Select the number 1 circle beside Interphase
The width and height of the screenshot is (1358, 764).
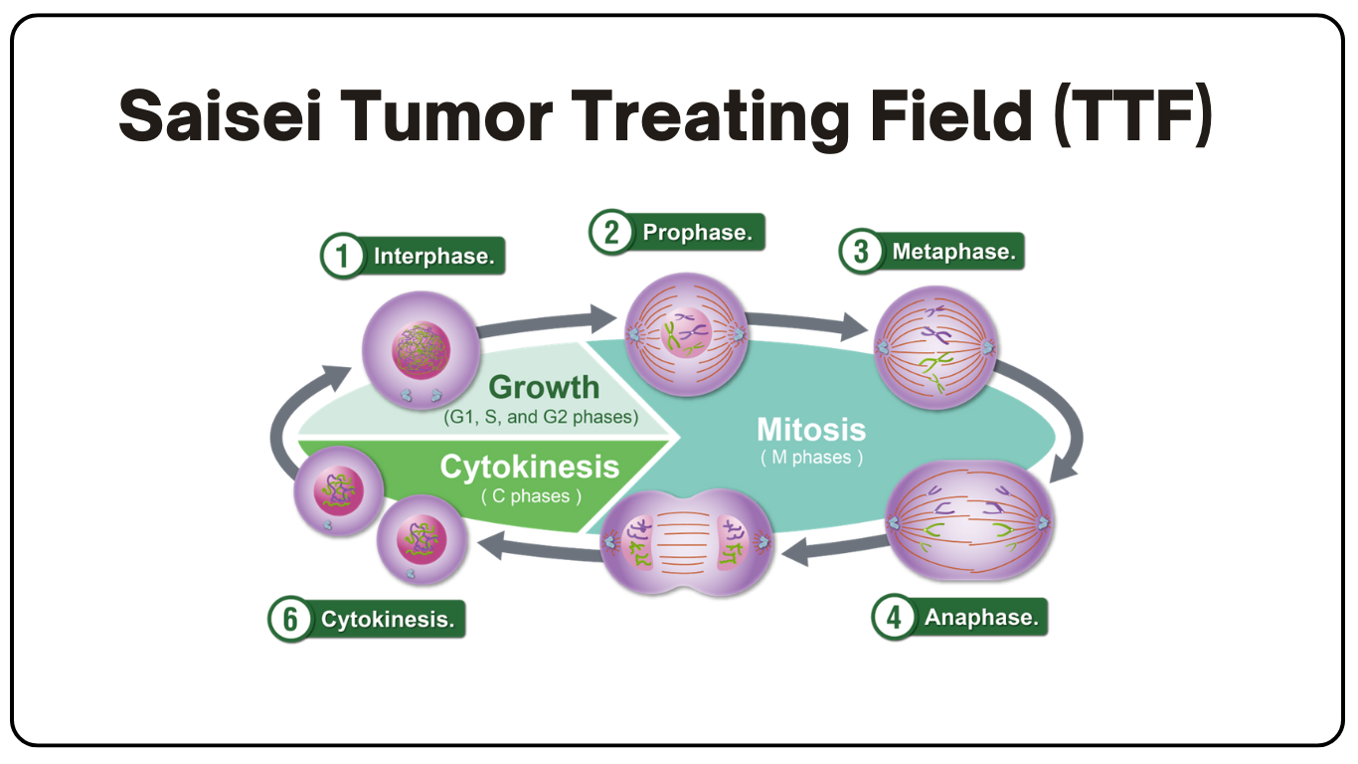tap(341, 257)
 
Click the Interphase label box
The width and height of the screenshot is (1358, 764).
tap(433, 257)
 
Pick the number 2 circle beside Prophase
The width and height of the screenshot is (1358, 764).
tap(610, 233)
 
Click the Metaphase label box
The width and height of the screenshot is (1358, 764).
tap(953, 252)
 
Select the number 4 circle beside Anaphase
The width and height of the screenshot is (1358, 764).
tap(893, 618)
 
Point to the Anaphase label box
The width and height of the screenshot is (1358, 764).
tap(980, 618)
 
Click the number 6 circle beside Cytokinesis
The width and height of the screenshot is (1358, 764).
tap(289, 620)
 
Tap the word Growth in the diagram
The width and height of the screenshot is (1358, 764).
tap(544, 387)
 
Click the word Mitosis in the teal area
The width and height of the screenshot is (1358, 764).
tap(811, 430)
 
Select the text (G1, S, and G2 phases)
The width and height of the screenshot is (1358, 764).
tap(540, 417)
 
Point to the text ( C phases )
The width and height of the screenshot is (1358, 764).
tap(531, 495)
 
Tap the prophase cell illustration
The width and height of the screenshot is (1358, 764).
tap(686, 329)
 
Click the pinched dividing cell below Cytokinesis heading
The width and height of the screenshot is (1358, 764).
tap(686, 544)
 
